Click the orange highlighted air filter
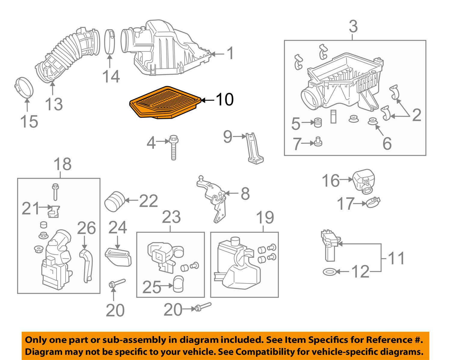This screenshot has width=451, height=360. point(165,103)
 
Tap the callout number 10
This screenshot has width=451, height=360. point(224,99)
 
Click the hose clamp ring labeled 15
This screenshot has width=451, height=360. point(24,88)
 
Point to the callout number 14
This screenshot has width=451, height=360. point(111,76)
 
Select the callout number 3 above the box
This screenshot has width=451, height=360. point(353,26)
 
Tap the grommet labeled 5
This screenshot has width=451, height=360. point(316,123)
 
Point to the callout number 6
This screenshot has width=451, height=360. point(387,143)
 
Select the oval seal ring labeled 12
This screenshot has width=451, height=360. point(329,272)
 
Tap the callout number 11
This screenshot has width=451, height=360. point(396,258)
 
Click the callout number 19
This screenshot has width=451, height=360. point(265,217)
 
